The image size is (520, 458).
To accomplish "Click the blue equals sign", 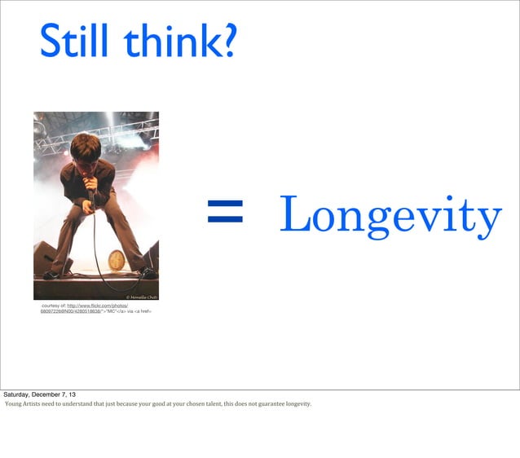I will click(225, 214).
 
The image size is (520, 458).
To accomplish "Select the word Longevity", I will click(390, 215).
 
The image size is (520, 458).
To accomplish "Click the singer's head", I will click(86, 149).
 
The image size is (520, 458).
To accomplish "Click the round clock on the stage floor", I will click(116, 260).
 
